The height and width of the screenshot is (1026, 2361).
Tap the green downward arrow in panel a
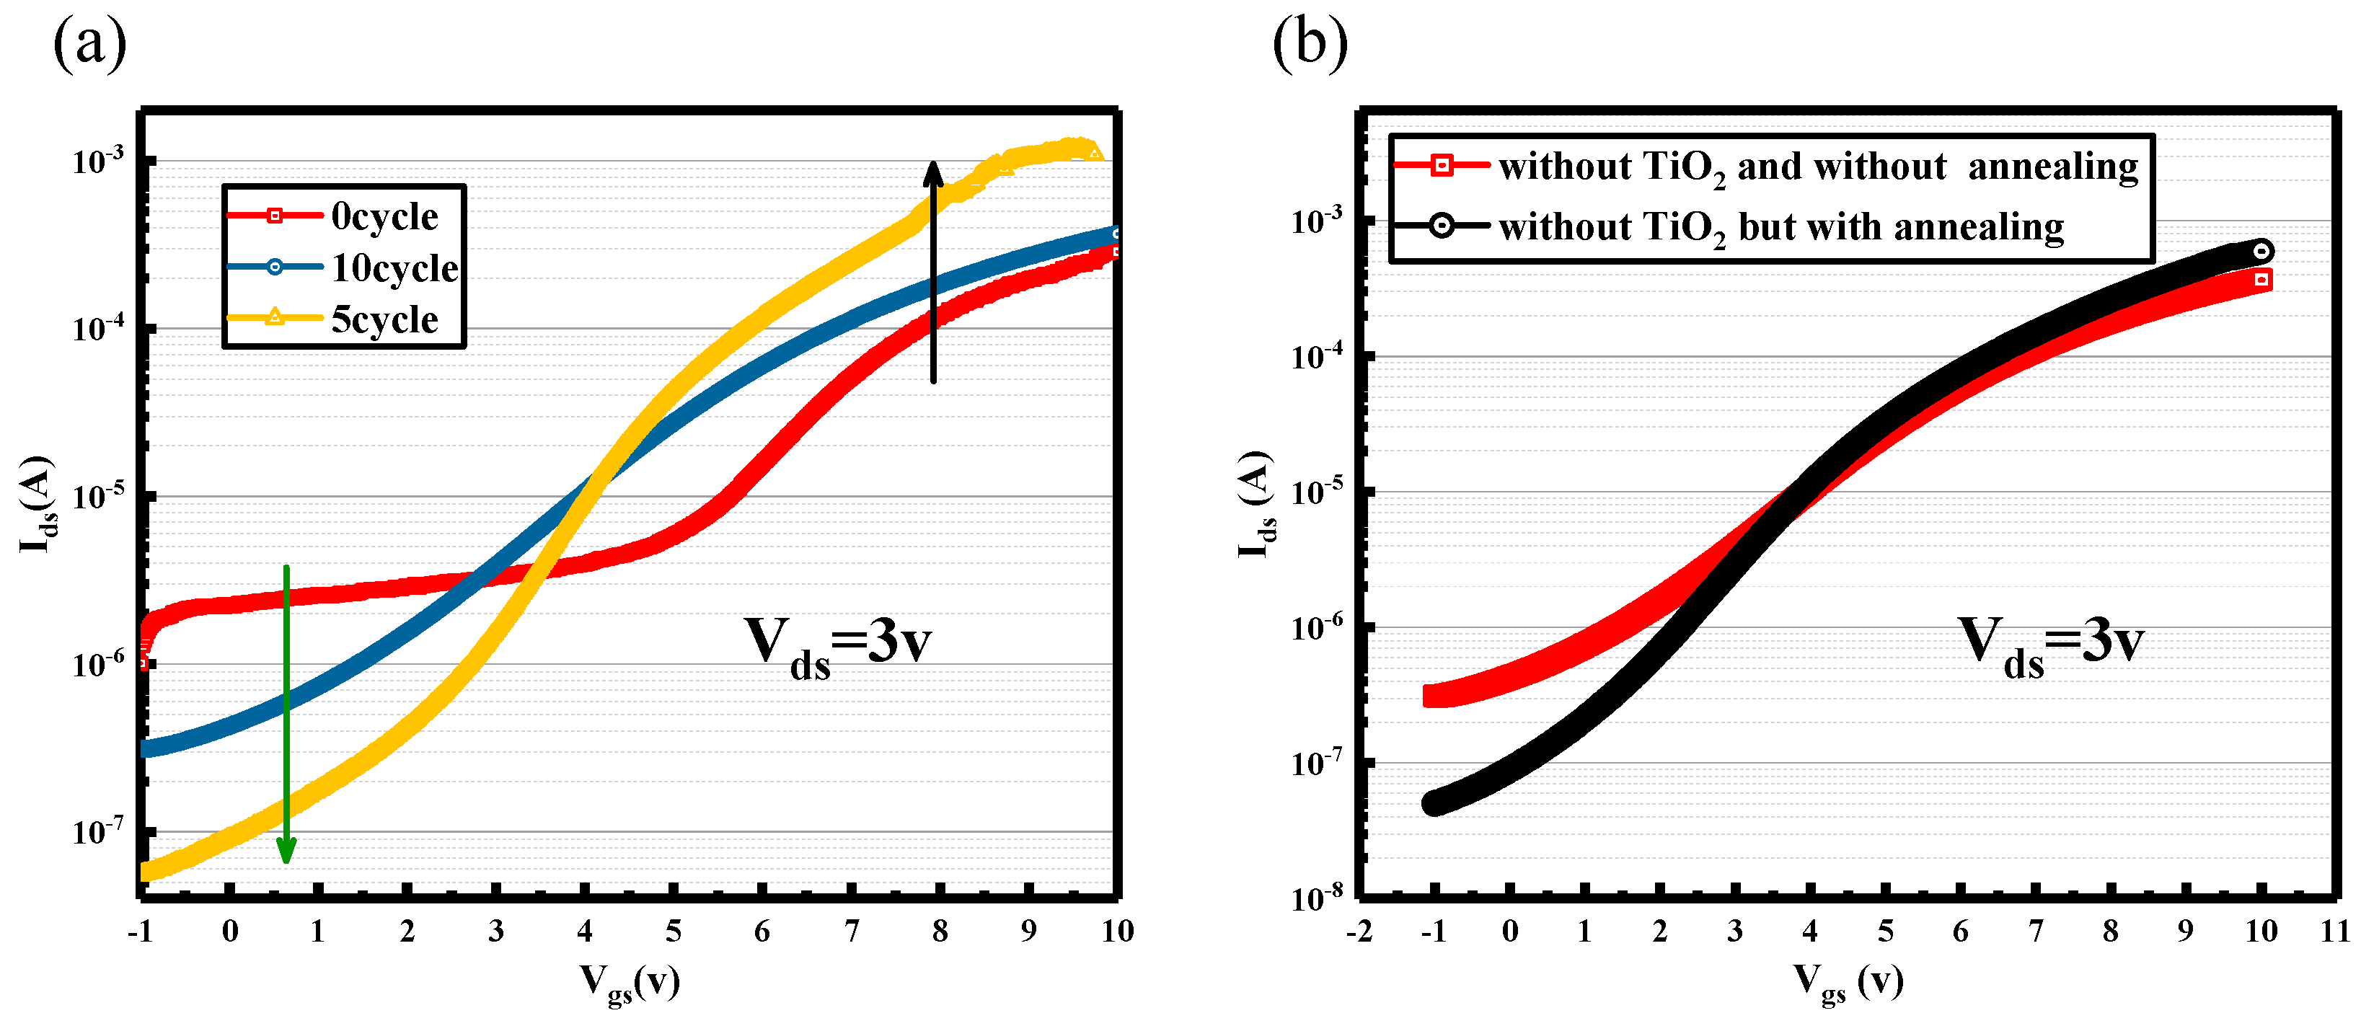click(286, 715)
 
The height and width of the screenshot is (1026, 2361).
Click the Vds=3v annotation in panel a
click(836, 646)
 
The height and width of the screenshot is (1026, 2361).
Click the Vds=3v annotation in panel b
click(2051, 646)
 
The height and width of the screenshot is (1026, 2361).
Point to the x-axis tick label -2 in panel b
click(1359, 931)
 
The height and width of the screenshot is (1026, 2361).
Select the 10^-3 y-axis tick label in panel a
click(97, 160)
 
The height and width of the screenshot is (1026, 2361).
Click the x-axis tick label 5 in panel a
click(673, 931)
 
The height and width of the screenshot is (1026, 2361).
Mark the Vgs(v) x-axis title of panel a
click(630, 982)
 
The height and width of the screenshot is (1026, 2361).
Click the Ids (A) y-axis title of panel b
click(1255, 504)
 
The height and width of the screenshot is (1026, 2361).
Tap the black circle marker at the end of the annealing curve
click(2261, 250)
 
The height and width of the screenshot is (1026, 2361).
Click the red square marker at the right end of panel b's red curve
click(2261, 280)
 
